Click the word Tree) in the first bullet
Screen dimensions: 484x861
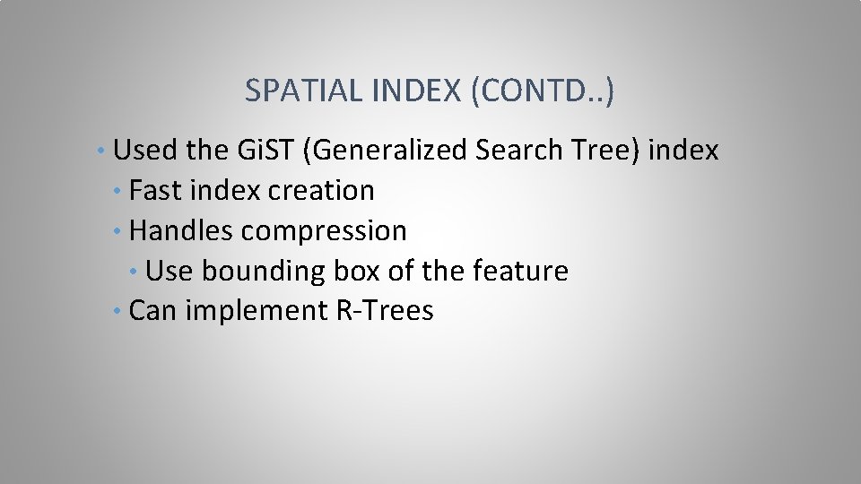point(607,151)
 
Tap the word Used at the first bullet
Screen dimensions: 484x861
point(147,151)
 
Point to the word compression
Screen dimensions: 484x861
point(323,231)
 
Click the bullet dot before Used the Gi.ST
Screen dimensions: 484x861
point(105,151)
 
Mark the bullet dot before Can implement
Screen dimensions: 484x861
point(119,311)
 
